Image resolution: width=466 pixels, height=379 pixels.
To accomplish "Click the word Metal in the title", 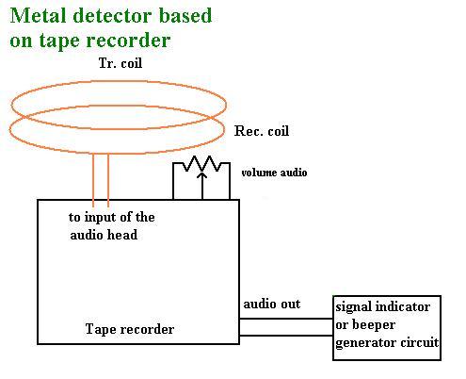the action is (39, 15).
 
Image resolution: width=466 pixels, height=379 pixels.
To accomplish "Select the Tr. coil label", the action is (121, 63).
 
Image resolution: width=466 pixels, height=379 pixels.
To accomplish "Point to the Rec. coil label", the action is (262, 131).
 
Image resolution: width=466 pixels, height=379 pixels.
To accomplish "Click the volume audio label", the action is (274, 173).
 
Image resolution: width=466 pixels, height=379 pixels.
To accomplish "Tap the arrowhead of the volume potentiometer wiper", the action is (202, 174).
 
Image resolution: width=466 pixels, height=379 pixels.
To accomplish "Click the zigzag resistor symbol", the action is (201, 164).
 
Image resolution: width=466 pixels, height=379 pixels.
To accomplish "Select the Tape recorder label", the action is (130, 329).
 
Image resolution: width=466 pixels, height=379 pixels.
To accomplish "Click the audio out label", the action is (272, 304).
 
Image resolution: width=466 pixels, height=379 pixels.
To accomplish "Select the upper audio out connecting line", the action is (286, 319).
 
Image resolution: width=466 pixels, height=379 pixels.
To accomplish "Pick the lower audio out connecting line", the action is (286, 336).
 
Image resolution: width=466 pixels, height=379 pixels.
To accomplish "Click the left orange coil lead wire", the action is (93, 180).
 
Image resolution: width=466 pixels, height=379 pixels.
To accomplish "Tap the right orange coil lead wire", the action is (108, 180).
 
